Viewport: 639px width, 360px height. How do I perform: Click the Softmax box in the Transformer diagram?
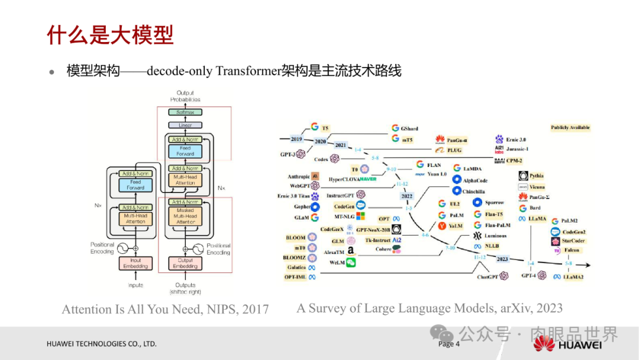[185, 112]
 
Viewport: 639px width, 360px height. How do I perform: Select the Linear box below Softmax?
[185, 126]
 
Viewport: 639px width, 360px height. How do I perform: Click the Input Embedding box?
[135, 263]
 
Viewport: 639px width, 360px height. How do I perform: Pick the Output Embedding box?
[185, 263]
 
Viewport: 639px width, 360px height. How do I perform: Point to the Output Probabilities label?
[185, 97]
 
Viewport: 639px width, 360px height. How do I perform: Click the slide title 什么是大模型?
[110, 35]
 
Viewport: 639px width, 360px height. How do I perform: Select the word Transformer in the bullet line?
[247, 72]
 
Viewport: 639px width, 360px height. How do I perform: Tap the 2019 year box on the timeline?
[296, 139]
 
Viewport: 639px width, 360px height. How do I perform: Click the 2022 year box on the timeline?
[407, 196]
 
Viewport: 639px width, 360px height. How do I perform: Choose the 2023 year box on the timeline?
[502, 259]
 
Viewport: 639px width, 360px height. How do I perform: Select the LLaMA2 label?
[573, 276]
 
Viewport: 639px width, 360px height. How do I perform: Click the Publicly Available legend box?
[570, 128]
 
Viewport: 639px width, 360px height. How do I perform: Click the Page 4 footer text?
[448, 344]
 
